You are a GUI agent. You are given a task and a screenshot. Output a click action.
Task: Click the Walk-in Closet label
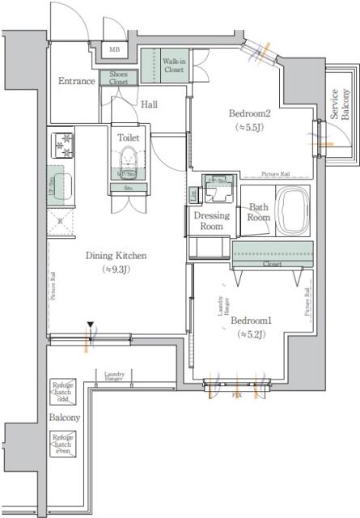[173, 66]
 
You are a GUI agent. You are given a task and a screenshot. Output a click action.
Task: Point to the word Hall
[149, 104]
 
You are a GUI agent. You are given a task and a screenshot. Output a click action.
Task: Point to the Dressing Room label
[210, 221]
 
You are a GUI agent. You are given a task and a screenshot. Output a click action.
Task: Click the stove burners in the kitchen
[63, 146]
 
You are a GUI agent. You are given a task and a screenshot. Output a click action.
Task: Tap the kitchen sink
[61, 188]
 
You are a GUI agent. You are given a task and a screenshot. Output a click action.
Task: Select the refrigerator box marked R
[61, 220]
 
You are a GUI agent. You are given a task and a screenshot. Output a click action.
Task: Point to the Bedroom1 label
[250, 320]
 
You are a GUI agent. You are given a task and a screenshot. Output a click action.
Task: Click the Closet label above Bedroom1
[272, 264]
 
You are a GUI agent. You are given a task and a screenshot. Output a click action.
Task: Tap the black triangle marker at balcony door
[91, 326]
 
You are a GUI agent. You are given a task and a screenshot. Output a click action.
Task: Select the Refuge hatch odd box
[63, 390]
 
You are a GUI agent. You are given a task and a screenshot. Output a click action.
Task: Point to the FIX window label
[237, 396]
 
